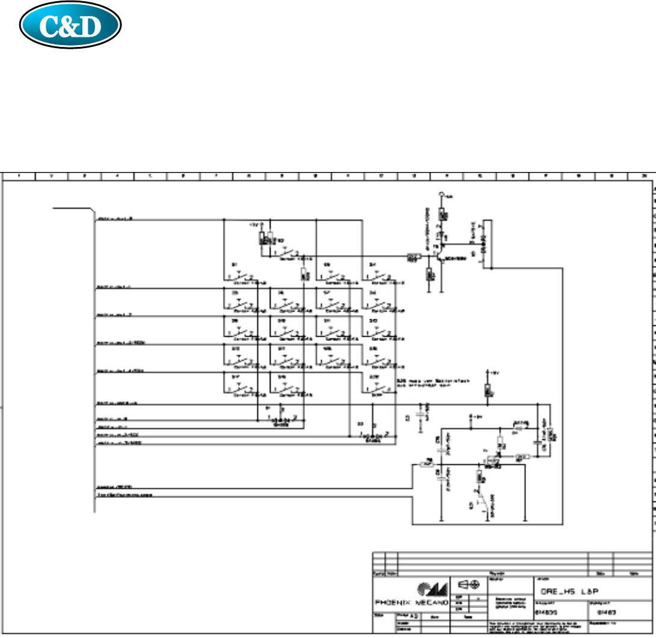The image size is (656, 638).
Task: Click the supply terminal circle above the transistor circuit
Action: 442,194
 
